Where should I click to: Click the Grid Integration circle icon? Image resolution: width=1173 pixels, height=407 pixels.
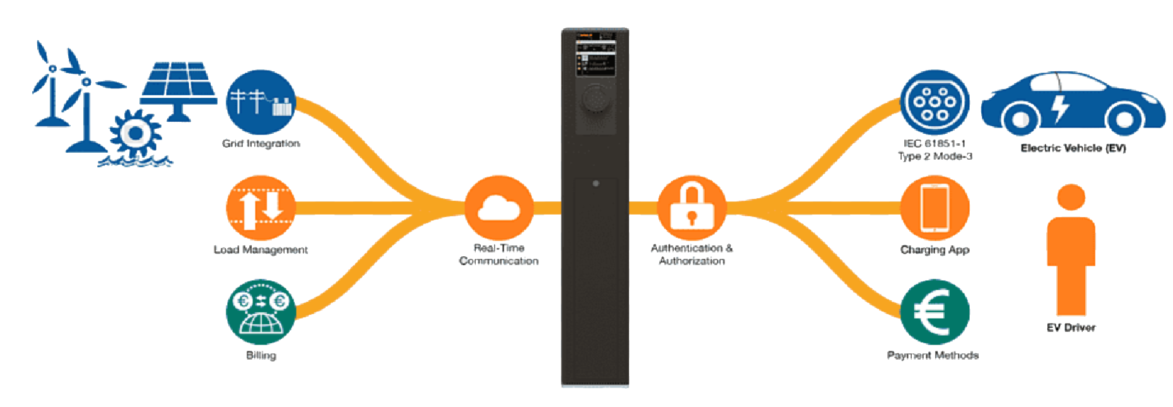click(261, 103)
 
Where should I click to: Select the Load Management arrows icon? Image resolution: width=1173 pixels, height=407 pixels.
click(261, 208)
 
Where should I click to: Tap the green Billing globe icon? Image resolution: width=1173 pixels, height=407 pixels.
click(261, 312)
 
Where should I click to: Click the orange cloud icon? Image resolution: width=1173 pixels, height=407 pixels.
click(498, 208)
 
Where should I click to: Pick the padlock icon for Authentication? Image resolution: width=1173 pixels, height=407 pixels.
click(692, 208)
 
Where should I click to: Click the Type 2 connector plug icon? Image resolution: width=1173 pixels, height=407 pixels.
click(934, 103)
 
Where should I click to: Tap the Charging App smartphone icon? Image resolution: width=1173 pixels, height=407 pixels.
click(934, 208)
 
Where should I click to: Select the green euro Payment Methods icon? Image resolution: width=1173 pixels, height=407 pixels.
click(934, 312)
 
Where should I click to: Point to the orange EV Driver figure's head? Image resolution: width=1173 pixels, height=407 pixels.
click(1071, 198)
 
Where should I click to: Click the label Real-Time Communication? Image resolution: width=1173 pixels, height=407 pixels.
click(498, 254)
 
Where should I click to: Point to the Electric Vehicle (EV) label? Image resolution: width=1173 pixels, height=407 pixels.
click(1073, 148)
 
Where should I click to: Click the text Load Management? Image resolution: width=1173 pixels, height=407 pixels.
click(261, 250)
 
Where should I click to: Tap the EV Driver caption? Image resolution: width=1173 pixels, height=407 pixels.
click(1071, 327)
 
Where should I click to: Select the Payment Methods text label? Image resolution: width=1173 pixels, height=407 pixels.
click(933, 355)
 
